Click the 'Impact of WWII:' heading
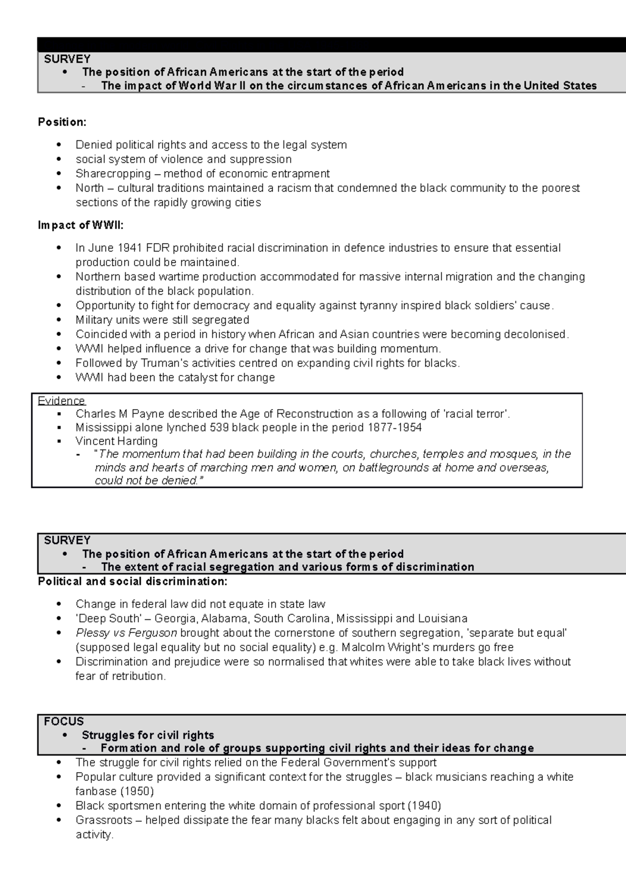[x=81, y=225]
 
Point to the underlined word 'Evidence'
[x=61, y=401]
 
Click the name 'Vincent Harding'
[x=116, y=441]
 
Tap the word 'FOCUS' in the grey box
[x=64, y=722]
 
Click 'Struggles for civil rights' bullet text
[x=148, y=735]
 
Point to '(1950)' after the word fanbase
[x=137, y=792]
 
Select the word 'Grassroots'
[x=104, y=820]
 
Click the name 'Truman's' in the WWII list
[x=166, y=363]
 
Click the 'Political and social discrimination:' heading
[x=133, y=581]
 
